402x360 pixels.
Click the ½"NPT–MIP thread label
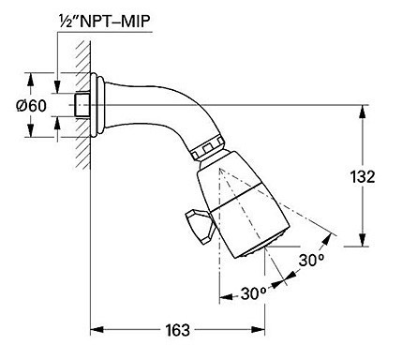(105, 22)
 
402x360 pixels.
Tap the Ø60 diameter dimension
(31, 106)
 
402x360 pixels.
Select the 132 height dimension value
(363, 177)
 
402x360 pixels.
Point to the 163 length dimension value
(177, 330)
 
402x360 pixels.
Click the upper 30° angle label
(311, 260)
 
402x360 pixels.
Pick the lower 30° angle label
(253, 293)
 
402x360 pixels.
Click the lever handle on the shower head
(200, 226)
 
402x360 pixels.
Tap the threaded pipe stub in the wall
(82, 105)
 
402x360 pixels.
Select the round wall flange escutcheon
(97, 105)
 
